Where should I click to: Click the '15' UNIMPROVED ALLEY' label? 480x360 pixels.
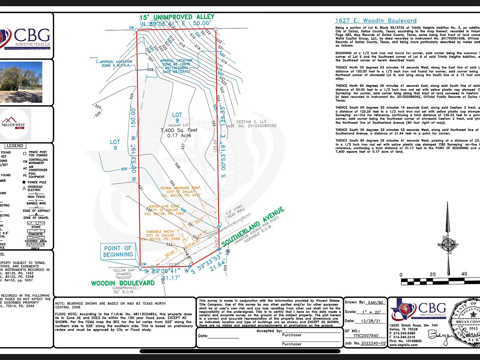pyautogui.click(x=177, y=17)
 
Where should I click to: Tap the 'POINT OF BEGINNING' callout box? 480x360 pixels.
pyautogui.click(x=118, y=251)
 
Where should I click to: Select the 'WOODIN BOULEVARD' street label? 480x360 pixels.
pyautogui.click(x=123, y=283)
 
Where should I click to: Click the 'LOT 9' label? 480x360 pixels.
pyautogui.click(x=115, y=145)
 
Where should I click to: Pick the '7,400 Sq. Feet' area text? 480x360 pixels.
pyautogui.click(x=179, y=130)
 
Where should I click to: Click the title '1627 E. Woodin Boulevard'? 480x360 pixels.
pyautogui.click(x=376, y=21)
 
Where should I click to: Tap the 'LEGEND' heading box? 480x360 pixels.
pyautogui.click(x=15, y=146)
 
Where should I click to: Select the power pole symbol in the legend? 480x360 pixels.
pyautogui.click(x=24, y=182)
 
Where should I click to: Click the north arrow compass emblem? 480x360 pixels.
pyautogui.click(x=448, y=244)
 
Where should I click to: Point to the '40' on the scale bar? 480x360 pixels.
pyautogui.click(x=464, y=274)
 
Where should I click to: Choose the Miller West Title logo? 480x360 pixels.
pyautogui.click(x=14, y=124)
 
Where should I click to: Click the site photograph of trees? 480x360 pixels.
pyautogui.click(x=21, y=82)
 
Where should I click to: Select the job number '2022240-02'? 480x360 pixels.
pyautogui.click(x=373, y=343)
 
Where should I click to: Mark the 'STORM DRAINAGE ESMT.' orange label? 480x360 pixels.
pyautogui.click(x=180, y=188)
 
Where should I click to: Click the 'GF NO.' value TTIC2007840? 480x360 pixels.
pyautogui.click(x=366, y=336)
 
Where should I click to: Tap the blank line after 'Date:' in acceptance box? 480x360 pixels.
pyautogui.click(x=223, y=337)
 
